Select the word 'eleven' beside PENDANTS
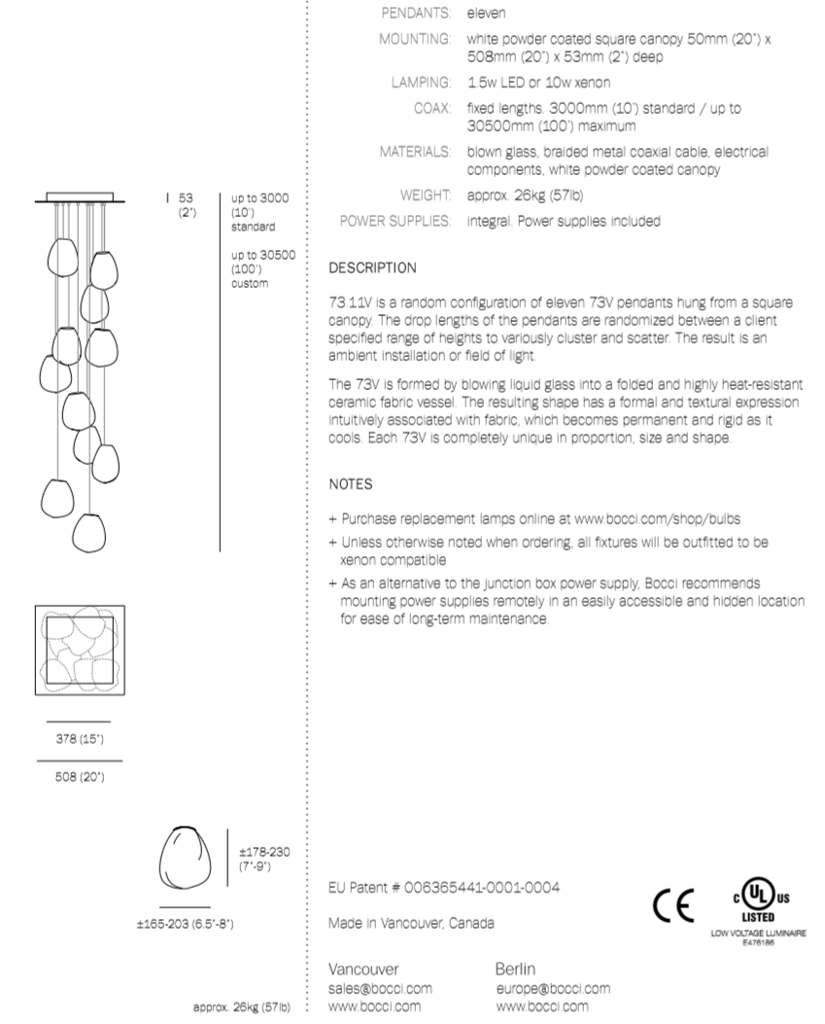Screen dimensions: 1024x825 tap(486, 14)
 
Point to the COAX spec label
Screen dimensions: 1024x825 tap(432, 108)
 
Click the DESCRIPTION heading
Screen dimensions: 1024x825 tap(373, 267)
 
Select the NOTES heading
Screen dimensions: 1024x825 tap(351, 483)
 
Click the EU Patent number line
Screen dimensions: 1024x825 tap(444, 887)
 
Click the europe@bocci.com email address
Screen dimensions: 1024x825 tap(553, 988)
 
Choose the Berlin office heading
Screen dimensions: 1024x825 tap(515, 970)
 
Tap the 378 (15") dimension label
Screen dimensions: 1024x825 tap(78, 740)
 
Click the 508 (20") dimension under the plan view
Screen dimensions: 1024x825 tap(78, 777)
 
